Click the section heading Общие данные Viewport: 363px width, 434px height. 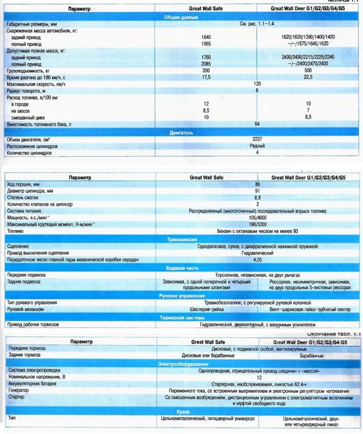click(x=181, y=17)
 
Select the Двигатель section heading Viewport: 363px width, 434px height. click(x=181, y=132)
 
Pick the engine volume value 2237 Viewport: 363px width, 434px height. click(x=258, y=139)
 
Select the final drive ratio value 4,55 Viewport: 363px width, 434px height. click(x=257, y=260)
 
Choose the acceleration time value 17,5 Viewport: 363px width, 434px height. click(x=209, y=77)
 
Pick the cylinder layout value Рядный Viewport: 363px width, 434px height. click(x=258, y=146)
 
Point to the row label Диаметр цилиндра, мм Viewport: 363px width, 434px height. click(x=32, y=190)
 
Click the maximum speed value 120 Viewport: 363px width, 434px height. click(x=258, y=84)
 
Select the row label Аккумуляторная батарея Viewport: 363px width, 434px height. click(x=32, y=384)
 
